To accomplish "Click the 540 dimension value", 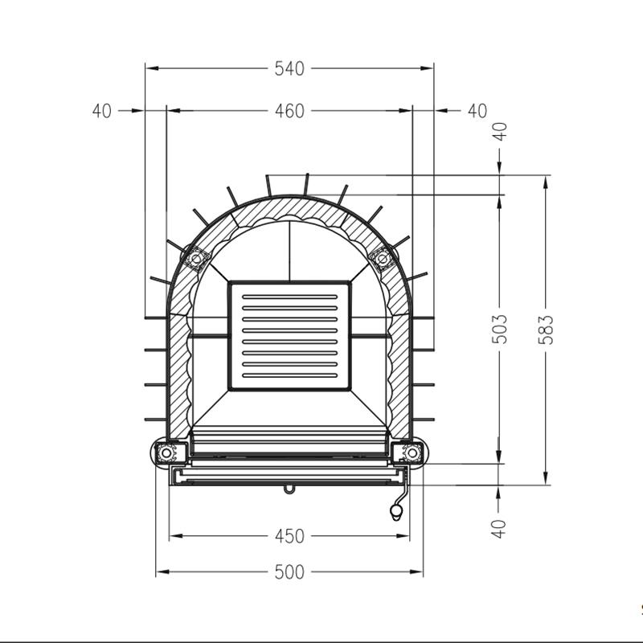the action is [x=289, y=68].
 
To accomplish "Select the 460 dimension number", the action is [x=289, y=111].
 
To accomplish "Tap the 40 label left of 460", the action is [x=102, y=111].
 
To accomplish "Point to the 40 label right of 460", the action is [x=477, y=111].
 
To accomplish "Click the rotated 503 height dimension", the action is [x=499, y=330].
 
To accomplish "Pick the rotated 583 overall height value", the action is [x=546, y=330].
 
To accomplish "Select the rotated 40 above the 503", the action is [x=500, y=132].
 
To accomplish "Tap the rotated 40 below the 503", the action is [x=499, y=529].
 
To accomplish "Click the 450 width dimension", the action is [x=289, y=536].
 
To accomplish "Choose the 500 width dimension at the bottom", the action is [x=289, y=572].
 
